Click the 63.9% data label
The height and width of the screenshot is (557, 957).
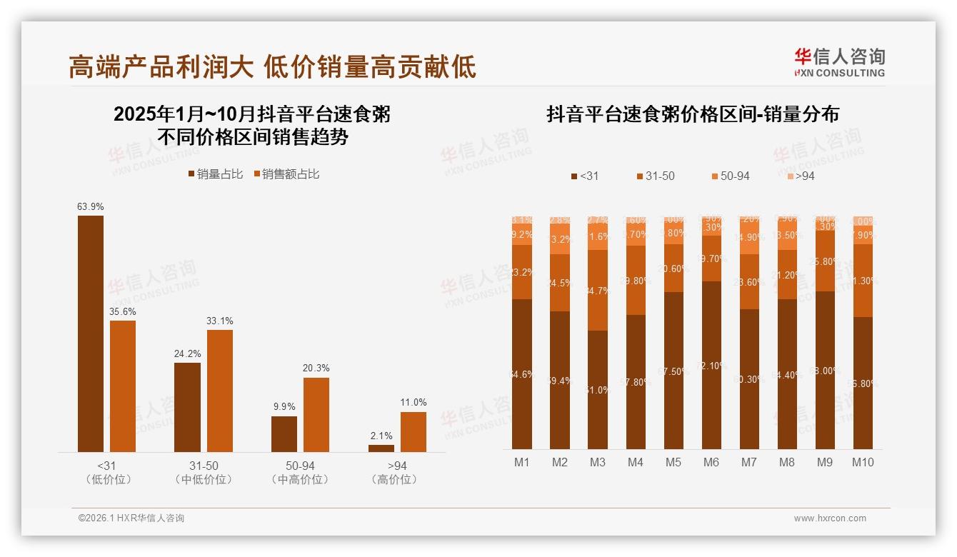[x=91, y=207]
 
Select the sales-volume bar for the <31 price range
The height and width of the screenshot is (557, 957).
[x=91, y=333]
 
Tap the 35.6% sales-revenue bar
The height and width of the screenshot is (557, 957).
[x=123, y=386]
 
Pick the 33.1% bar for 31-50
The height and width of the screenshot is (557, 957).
[x=220, y=391]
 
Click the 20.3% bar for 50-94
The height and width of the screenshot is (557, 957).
[x=316, y=414]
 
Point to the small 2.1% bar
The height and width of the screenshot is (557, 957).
[x=381, y=448]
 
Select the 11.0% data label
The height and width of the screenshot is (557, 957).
[x=414, y=403]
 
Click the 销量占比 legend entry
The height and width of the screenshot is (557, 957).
[x=215, y=174]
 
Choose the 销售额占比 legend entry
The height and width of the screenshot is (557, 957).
[x=286, y=174]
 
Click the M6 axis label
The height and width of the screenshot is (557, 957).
[x=711, y=462]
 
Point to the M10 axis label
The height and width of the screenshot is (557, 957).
[x=863, y=462]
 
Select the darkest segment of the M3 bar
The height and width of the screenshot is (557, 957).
[x=598, y=389]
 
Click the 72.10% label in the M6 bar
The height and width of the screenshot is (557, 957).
[x=711, y=366]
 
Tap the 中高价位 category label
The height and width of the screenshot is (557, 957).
[x=300, y=480]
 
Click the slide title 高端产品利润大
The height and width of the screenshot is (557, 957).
[x=161, y=67]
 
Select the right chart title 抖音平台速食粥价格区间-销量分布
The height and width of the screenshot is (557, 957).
[x=693, y=114]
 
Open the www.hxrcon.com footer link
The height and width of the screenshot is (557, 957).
[x=830, y=518]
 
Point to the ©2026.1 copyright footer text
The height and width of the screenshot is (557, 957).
[x=131, y=518]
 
